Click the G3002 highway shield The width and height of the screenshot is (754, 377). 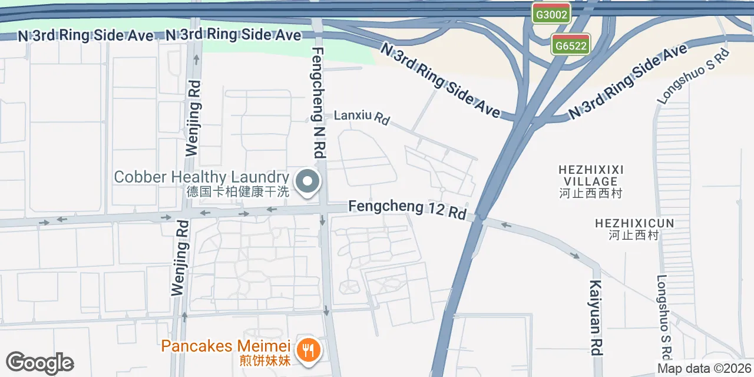551,14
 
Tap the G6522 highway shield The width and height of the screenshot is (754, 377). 571,45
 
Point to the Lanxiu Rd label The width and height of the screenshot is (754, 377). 362,117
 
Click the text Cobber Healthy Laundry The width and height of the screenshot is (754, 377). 201,177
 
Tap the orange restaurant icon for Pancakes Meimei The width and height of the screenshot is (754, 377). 307,350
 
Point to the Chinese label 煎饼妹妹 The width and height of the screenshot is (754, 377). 265,361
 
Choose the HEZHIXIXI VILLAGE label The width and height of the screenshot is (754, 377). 590,176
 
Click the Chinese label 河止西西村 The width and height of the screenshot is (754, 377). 590,193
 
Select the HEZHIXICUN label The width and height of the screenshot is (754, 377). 634,223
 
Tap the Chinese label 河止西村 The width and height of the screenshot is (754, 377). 634,236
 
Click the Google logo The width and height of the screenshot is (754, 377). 39,363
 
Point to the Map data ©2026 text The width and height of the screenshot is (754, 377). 705,369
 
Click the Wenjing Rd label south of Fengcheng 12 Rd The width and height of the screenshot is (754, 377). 180,258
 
